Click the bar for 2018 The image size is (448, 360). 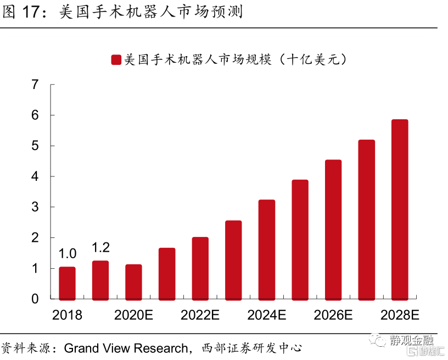67,283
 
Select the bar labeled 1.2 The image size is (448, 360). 100,280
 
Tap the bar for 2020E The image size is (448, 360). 133,282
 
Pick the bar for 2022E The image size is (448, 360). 200,268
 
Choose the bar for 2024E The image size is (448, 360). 267,250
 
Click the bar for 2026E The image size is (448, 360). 333,230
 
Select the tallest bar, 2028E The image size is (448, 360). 400,209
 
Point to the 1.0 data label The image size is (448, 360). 67,254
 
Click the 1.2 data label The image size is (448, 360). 100,247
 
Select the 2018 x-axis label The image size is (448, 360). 67,315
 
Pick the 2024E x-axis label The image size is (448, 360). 267,315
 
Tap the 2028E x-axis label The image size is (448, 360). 400,315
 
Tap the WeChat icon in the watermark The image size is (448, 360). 378,341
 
